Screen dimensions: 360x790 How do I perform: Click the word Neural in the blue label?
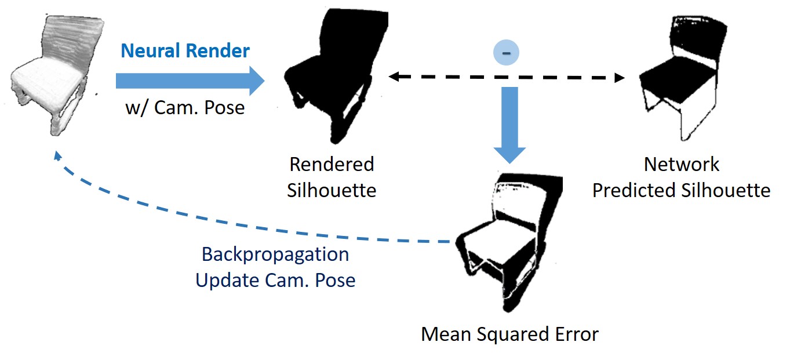[x=150, y=51]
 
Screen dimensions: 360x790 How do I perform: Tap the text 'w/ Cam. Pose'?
[x=185, y=107]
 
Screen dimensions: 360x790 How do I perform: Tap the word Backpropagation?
[x=275, y=254]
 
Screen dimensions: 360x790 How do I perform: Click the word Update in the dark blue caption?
[x=227, y=281]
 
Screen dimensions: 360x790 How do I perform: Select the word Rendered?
[x=332, y=164]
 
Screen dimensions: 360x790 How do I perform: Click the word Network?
[x=681, y=164]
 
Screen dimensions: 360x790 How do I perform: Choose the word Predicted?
[x=637, y=190]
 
